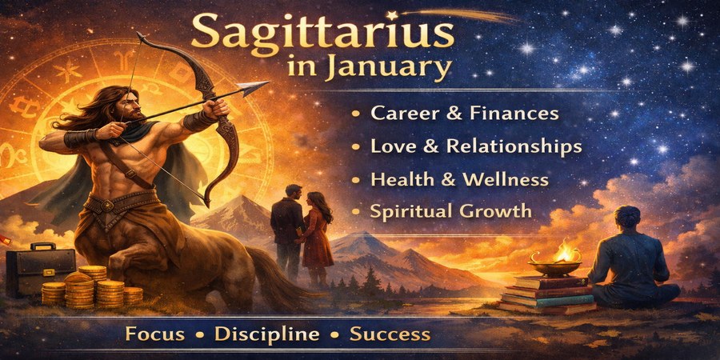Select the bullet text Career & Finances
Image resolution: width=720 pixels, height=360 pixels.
click(x=464, y=113)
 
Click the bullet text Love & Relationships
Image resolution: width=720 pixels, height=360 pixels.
click(x=476, y=146)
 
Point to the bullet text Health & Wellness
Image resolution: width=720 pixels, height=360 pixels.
click(x=459, y=179)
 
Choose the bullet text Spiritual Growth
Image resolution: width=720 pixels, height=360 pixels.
click(x=450, y=212)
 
